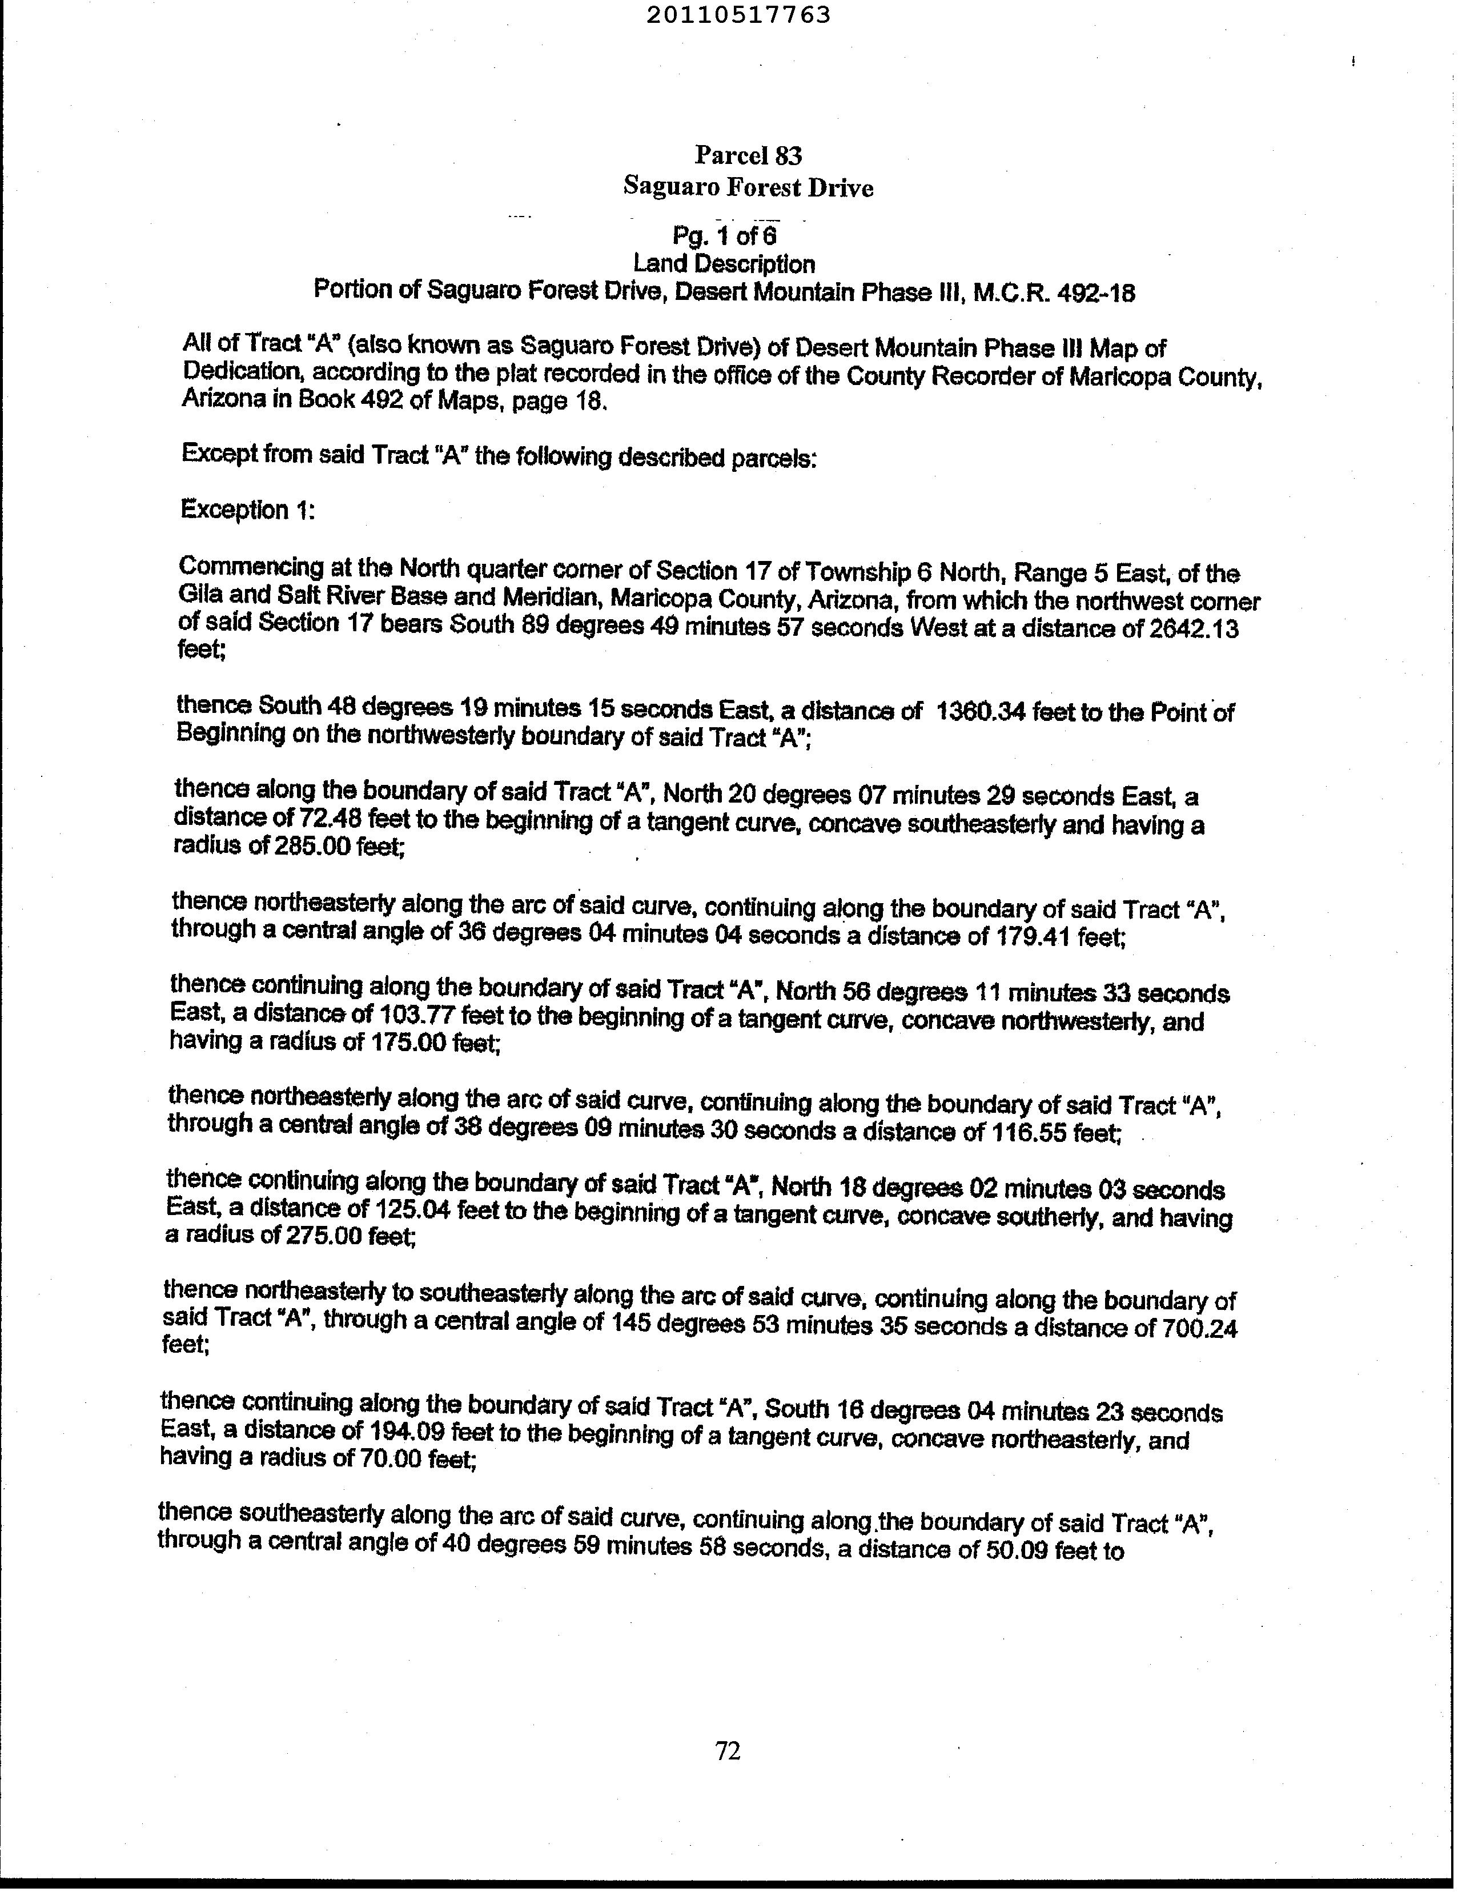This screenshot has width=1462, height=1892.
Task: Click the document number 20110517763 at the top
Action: click(738, 15)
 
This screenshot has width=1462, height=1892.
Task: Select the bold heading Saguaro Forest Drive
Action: click(748, 187)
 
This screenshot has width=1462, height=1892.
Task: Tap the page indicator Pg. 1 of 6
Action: click(725, 235)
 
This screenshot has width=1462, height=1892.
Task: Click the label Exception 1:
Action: click(247, 510)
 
